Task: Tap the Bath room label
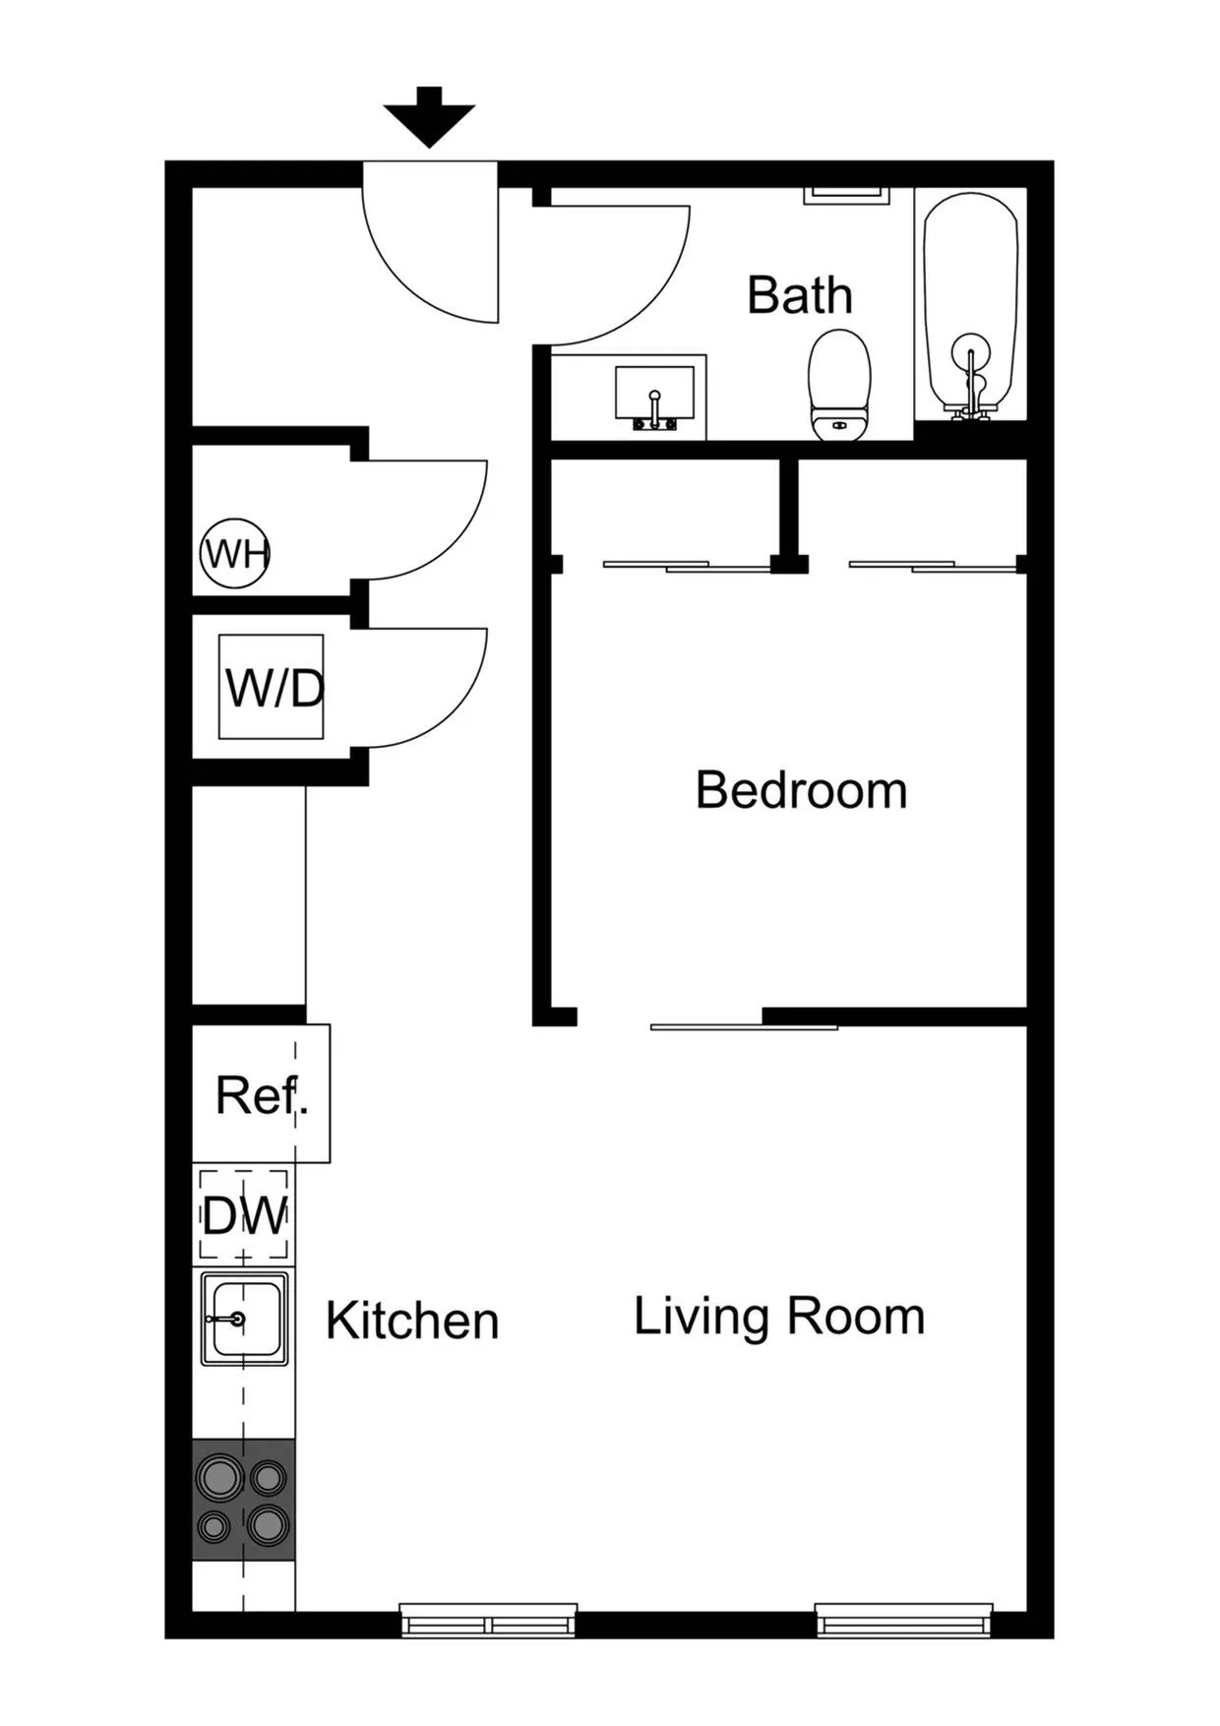coord(799,295)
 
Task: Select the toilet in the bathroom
coord(839,386)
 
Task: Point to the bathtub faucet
coord(971,379)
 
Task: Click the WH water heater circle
coord(235,554)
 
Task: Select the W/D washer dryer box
coord(272,687)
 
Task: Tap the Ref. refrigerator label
coord(261,1094)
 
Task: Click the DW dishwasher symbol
coord(244,1216)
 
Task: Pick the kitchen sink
coord(245,1319)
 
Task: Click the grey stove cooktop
coord(244,1500)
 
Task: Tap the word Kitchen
coord(412,1321)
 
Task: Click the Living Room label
coord(779,1317)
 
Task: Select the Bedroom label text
coord(801,790)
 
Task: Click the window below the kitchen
coord(488,1621)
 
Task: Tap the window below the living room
coord(903,1621)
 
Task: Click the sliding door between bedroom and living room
coord(744,1027)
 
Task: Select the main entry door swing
coord(433,256)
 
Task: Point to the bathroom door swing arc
coord(630,285)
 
